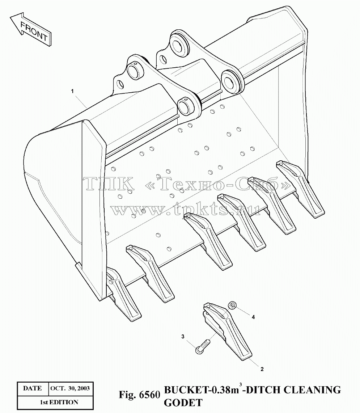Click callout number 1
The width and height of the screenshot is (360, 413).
pyautogui.click(x=72, y=91)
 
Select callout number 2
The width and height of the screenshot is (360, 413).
pyautogui.click(x=262, y=369)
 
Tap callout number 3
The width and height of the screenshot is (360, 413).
pyautogui.click(x=183, y=336)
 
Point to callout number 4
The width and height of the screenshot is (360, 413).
pyautogui.click(x=253, y=317)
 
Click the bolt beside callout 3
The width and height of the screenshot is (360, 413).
pyautogui.click(x=203, y=346)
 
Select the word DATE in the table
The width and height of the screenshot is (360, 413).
pyautogui.click(x=33, y=388)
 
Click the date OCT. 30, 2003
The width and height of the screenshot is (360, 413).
pyautogui.click(x=70, y=388)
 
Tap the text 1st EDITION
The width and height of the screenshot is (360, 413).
pyautogui.click(x=59, y=402)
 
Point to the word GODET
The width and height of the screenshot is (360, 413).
pyautogui.click(x=183, y=403)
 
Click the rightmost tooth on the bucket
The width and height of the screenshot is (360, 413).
pyautogui.click(x=300, y=189)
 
